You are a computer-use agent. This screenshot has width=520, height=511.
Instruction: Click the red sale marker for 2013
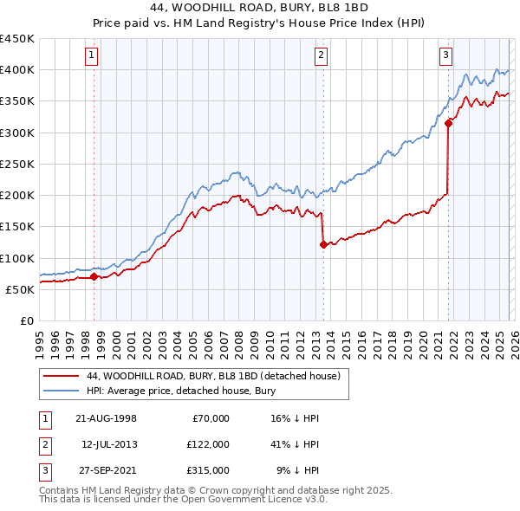(322, 245)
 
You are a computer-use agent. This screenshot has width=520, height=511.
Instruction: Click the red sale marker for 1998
(94, 277)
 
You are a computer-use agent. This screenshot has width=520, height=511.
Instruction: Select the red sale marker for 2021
(448, 123)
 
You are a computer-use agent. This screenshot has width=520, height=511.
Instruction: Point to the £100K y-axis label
(16, 258)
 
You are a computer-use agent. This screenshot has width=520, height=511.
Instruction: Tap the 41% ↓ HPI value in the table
(294, 443)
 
